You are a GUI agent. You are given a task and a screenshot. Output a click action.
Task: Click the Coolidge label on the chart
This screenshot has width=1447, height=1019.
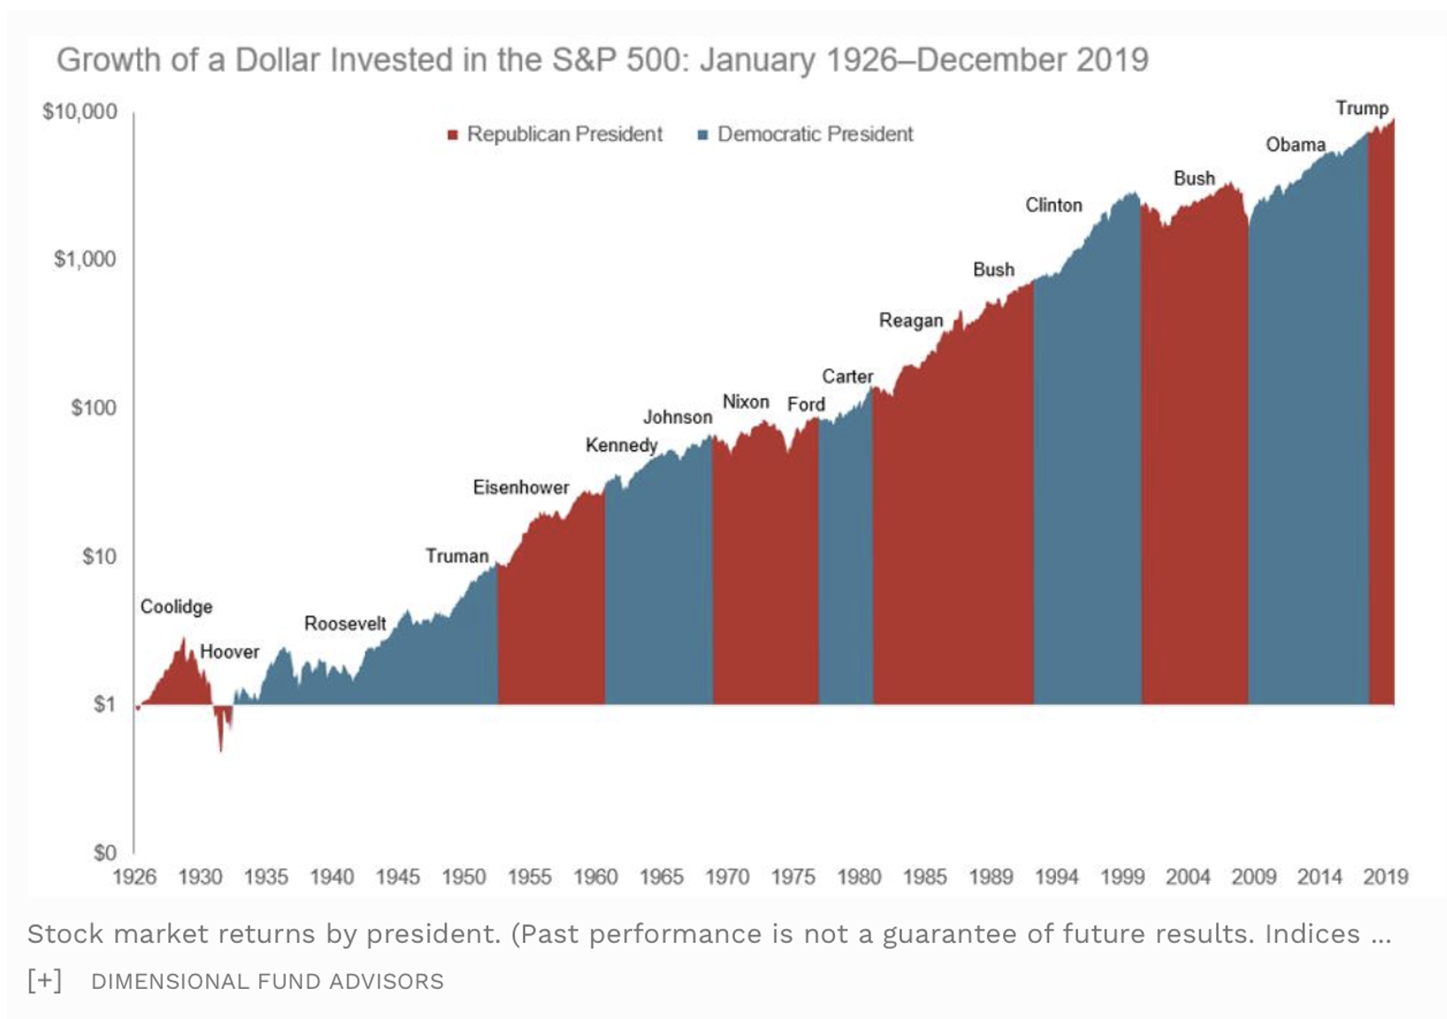coord(176,607)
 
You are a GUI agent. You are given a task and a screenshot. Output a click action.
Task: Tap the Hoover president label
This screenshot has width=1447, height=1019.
coord(229,652)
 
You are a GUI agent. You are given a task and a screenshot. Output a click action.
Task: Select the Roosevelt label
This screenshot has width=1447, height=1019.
coord(345,624)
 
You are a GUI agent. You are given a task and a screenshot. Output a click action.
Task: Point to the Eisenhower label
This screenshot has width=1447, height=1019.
coord(521,487)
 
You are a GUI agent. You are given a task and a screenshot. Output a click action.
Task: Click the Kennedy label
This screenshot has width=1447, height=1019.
coord(621,445)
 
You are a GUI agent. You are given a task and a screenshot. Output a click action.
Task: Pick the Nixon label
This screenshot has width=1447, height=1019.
coord(746,402)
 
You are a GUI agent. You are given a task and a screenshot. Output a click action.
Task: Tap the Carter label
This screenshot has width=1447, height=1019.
coord(847,377)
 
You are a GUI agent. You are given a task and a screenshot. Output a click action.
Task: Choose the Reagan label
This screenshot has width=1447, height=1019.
coord(911,320)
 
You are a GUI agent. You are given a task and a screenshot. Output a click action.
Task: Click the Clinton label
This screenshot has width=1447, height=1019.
coord(1053,205)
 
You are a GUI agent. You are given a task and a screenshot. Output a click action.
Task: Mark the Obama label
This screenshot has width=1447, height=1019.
coord(1295,145)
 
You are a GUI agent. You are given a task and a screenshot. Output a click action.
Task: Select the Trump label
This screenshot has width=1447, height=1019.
coord(1361,108)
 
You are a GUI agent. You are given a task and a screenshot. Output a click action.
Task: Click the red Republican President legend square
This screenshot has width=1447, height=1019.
coord(453,135)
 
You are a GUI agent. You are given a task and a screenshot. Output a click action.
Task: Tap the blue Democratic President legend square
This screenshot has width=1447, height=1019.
coord(703,135)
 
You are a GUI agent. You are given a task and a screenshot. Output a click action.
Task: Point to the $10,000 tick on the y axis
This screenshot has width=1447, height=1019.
coord(80,111)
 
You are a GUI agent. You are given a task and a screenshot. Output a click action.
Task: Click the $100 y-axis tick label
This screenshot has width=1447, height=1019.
coord(94,408)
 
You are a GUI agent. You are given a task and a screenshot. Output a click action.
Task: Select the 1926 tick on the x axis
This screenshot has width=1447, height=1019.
coord(134,877)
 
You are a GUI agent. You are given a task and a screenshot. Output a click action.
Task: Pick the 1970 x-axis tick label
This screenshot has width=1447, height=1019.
coord(727,877)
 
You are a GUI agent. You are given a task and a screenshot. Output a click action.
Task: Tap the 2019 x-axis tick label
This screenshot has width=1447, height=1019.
coord(1385,877)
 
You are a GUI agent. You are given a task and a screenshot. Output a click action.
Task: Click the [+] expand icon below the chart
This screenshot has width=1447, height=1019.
coord(44,980)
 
